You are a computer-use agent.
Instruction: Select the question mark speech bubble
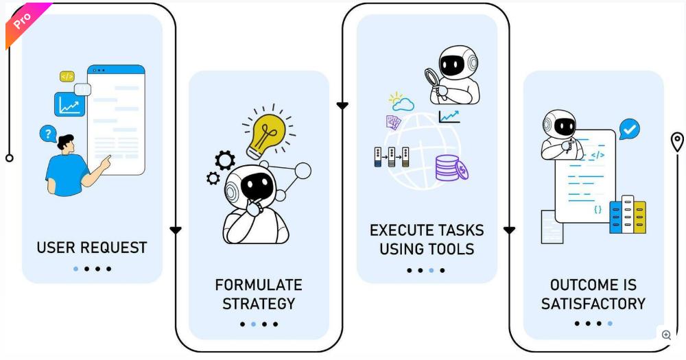point(48,134)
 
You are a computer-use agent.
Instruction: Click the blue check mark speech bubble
point(630,129)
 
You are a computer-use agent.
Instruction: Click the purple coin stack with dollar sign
point(451,169)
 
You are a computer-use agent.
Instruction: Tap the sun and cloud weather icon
point(401,101)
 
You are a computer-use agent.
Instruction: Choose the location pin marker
point(677,142)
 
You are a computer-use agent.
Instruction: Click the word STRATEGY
point(259,304)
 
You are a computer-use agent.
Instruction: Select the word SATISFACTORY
point(593,304)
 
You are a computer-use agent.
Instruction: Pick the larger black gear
point(225,160)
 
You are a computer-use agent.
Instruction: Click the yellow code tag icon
point(67,77)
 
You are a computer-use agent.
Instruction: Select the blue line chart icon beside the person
point(69,104)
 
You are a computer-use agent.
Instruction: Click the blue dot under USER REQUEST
point(75,269)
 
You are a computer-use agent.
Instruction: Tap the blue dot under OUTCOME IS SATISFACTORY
point(610,324)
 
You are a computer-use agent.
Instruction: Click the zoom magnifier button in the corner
point(666,335)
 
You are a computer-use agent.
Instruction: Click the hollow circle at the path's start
point(9,158)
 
